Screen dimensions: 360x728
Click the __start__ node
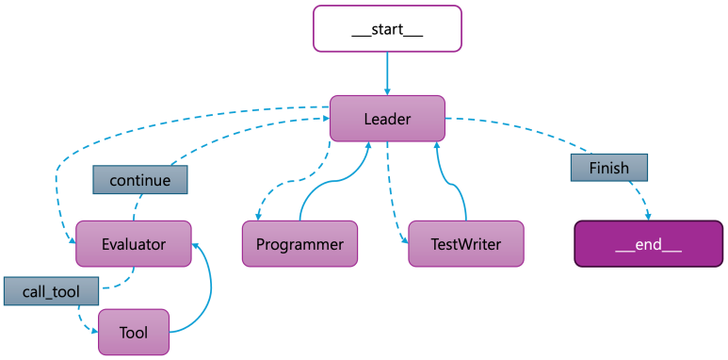tap(387, 28)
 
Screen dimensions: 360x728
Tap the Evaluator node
tap(133, 244)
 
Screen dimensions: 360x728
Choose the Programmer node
tap(299, 244)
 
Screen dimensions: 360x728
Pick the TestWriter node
tap(465, 244)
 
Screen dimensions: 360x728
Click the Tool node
tap(134, 332)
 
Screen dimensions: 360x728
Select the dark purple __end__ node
tap(648, 244)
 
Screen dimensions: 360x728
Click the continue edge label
tap(140, 179)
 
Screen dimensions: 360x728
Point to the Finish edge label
tap(608, 168)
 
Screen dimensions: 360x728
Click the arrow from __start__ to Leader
tap(387, 72)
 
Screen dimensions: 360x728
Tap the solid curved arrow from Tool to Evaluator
tap(207, 287)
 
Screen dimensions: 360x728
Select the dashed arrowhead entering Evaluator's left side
tap(72, 240)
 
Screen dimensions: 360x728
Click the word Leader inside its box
tap(387, 119)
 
